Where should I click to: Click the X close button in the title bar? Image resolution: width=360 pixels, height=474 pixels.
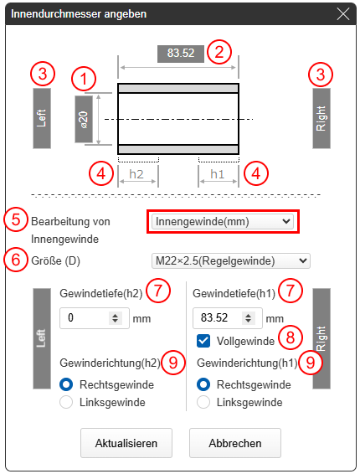tap(343, 14)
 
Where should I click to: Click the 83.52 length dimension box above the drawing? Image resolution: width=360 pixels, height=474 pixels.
tap(181, 54)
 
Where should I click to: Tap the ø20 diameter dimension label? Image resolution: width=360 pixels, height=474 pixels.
tap(84, 119)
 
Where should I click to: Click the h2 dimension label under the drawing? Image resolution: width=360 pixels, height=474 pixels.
tap(136, 174)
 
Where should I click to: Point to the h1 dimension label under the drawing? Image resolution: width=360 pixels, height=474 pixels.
tap(218, 174)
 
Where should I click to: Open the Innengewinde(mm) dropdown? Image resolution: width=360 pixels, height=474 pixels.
tap(223, 222)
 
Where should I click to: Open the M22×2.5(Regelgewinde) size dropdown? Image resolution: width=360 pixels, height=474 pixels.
tap(231, 261)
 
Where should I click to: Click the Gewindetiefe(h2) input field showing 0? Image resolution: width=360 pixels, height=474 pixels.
tap(95, 318)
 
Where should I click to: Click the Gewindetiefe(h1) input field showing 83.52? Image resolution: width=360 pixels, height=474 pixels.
tap(228, 318)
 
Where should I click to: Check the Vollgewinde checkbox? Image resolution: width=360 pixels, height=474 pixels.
tap(203, 341)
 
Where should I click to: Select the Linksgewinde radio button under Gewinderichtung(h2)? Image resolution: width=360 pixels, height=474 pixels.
tap(66, 402)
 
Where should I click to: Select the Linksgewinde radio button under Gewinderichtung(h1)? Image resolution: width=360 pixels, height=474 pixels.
tap(203, 402)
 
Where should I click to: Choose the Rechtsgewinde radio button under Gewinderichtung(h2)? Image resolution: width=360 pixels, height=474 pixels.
tap(66, 384)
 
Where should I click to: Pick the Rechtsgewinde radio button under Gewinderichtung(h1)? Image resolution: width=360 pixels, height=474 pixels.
tap(203, 384)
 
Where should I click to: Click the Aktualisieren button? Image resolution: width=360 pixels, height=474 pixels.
tap(126, 443)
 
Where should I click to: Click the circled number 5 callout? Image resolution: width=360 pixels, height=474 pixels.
tap(16, 219)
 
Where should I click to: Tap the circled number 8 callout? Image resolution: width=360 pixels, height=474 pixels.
tap(291, 337)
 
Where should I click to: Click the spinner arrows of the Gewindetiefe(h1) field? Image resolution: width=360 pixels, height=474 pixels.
tap(248, 318)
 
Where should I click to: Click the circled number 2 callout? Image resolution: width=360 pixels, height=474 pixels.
tap(219, 52)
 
